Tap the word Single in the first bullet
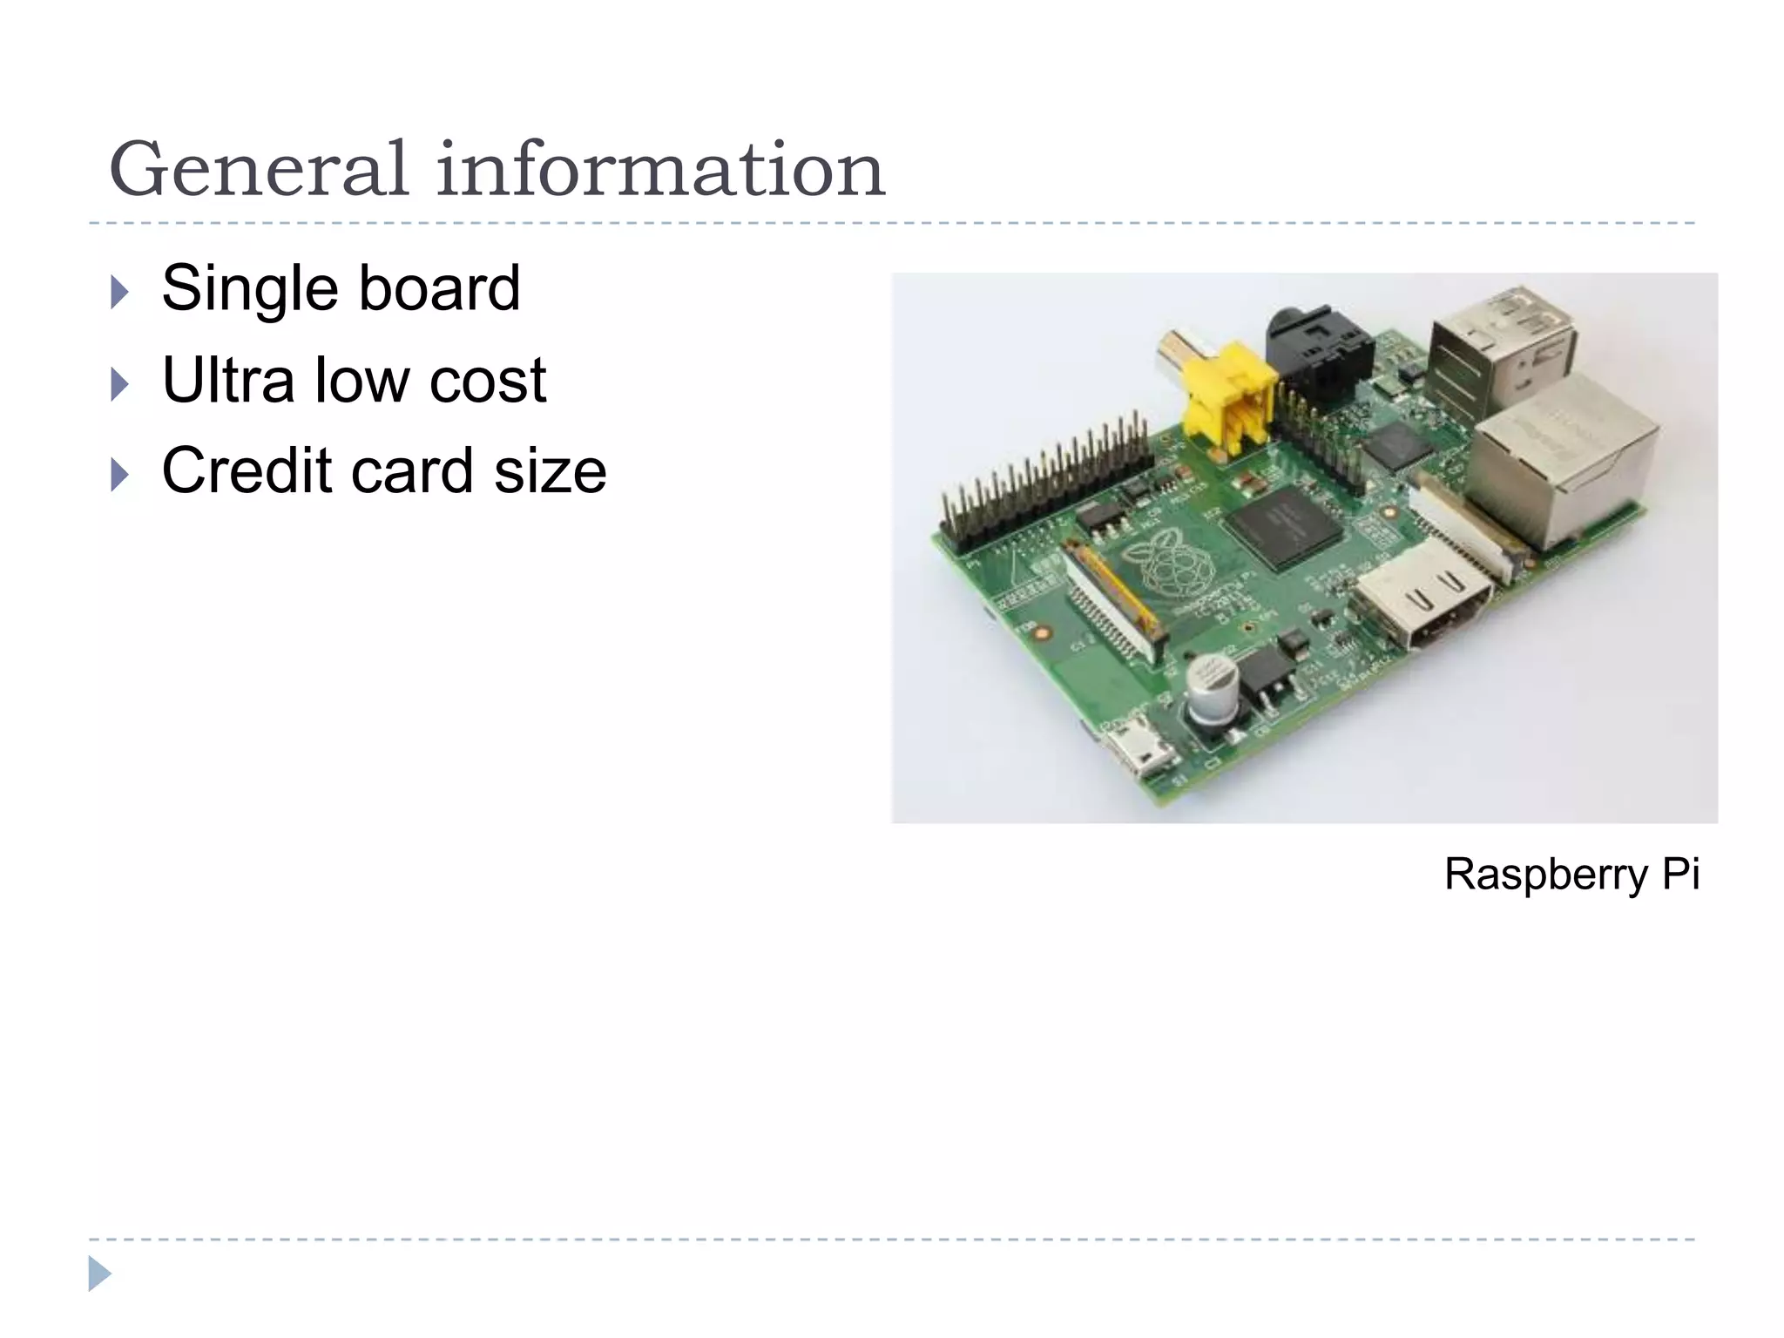tap(249, 288)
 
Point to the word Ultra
tap(228, 380)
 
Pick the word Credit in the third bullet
tap(247, 470)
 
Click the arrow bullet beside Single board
tap(120, 293)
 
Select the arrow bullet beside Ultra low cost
tap(120, 384)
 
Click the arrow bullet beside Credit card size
tap(120, 475)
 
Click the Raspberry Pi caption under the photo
tap(1571, 874)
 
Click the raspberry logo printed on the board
tap(1167, 566)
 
